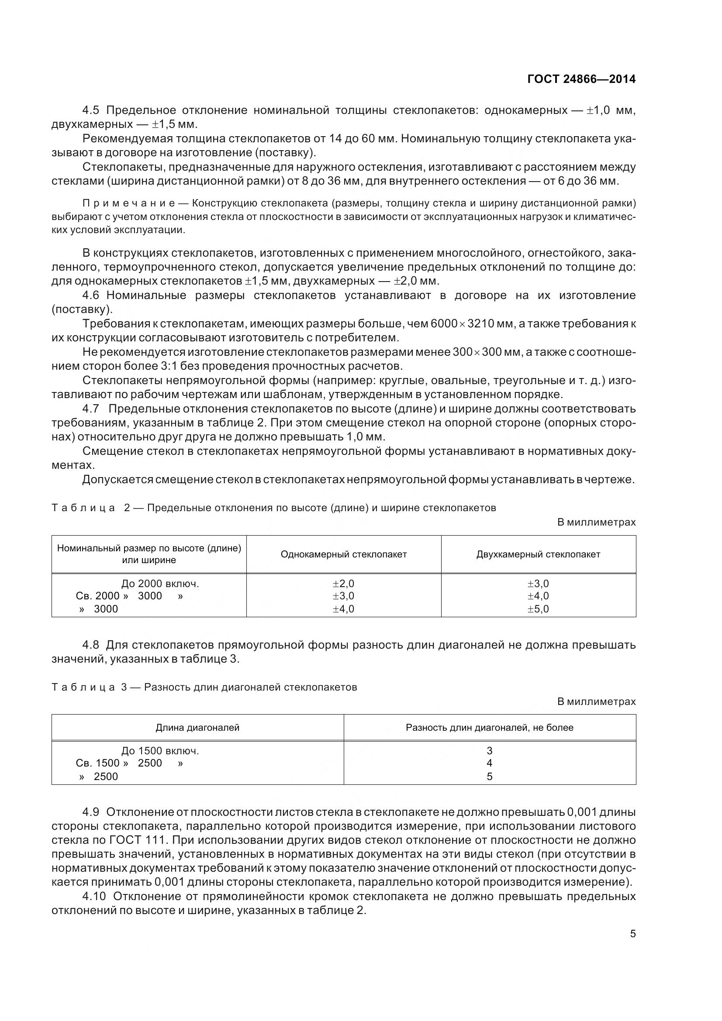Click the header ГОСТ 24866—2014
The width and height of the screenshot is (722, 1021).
[581, 79]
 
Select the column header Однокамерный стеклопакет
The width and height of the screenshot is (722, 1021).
[343, 554]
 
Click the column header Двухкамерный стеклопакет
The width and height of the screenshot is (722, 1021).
[538, 554]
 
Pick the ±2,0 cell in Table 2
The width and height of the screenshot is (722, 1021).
[343, 584]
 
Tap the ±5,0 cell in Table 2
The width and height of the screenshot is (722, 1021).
[538, 609]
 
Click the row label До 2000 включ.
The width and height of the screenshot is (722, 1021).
[160, 584]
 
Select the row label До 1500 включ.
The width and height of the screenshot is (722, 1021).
[160, 751]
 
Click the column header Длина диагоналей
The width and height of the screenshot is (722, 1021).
[197, 728]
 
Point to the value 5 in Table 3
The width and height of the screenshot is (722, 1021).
[489, 777]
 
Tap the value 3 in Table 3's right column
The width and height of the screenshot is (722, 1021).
[489, 751]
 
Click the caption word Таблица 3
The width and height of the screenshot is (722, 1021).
[89, 687]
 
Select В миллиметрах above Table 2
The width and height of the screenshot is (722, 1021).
[596, 522]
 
